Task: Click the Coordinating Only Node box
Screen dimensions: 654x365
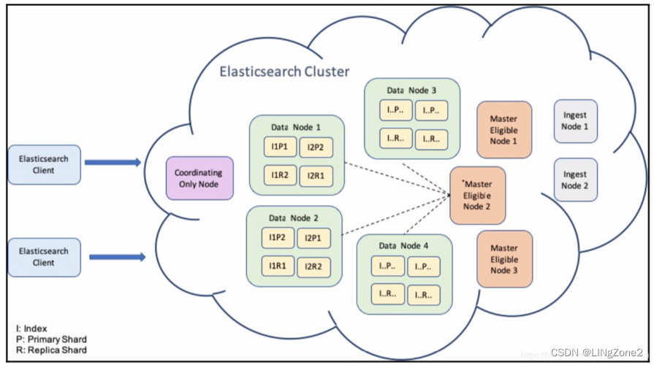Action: [199, 178]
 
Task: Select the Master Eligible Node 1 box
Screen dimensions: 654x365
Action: [504, 130]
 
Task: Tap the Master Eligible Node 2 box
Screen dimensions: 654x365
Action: [478, 196]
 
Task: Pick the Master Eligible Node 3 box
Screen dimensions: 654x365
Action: [504, 259]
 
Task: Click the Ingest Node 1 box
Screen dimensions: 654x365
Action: [575, 121]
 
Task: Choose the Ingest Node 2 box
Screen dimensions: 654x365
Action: [575, 180]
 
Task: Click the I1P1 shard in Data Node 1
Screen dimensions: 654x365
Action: [280, 147]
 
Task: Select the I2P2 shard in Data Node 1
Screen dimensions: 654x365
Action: [316, 147]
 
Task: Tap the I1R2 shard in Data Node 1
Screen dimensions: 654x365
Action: [280, 175]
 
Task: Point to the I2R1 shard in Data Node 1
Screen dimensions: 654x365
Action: [316, 176]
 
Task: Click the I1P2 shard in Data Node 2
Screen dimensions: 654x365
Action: [278, 237]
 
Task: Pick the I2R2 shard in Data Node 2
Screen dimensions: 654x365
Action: [313, 267]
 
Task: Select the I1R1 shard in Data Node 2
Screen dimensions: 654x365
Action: [278, 266]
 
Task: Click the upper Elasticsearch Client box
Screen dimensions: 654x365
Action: [45, 164]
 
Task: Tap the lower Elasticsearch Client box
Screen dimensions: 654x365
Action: [45, 257]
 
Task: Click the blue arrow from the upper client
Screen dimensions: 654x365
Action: [113, 162]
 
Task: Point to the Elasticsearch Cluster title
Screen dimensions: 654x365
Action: [284, 72]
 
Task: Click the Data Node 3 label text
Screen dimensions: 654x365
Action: [411, 91]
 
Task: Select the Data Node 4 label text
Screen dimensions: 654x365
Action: [403, 246]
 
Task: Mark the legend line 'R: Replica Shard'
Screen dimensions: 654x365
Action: [51, 350]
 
